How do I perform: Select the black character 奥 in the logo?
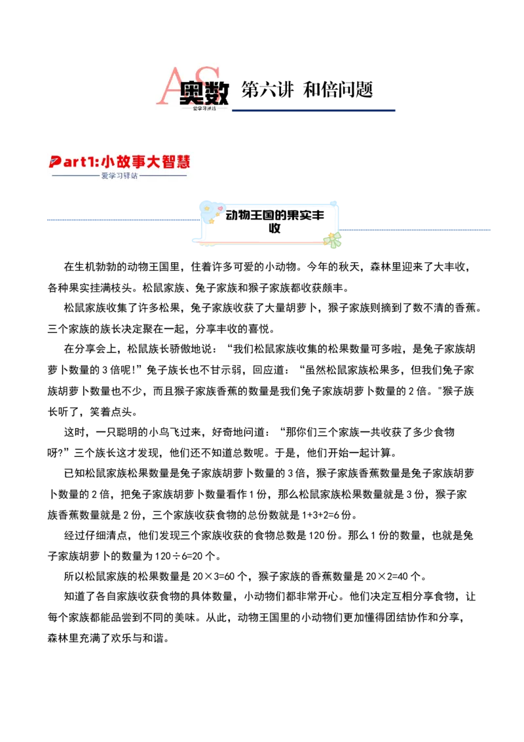[192, 94]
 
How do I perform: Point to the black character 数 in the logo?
[216, 94]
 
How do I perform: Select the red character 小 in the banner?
[109, 161]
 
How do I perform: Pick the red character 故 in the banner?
[126, 161]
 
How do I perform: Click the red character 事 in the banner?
[142, 161]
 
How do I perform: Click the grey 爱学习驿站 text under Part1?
[120, 176]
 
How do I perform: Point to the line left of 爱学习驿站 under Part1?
[75, 176]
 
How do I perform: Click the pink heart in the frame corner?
[220, 209]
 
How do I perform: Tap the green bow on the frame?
[334, 240]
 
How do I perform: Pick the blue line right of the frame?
[417, 228]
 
